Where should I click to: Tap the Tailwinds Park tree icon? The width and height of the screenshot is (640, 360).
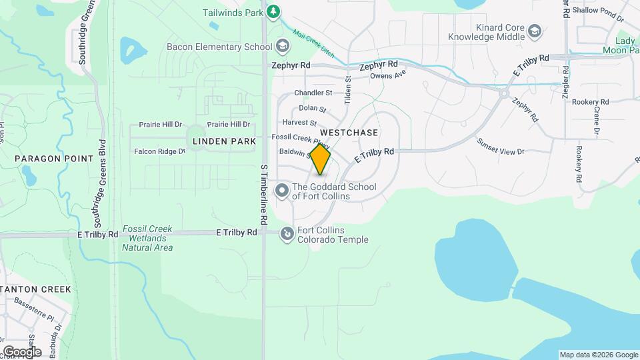pyautogui.click(x=273, y=11)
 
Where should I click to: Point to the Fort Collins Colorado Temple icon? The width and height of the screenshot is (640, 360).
pyautogui.click(x=287, y=234)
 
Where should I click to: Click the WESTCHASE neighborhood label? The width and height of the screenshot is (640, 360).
pyautogui.click(x=353, y=133)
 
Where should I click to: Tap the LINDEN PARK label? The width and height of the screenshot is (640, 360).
pyautogui.click(x=224, y=141)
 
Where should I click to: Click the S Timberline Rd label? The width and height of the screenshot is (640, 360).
pyautogui.click(x=264, y=193)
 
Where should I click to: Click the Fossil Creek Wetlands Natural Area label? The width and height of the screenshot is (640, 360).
pyautogui.click(x=147, y=238)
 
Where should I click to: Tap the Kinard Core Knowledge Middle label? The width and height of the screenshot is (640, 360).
pyautogui.click(x=487, y=33)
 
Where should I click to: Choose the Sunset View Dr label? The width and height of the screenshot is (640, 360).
pyautogui.click(x=501, y=147)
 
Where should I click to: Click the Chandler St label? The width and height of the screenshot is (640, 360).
pyautogui.click(x=313, y=93)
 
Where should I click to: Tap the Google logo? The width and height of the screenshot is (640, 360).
pyautogui.click(x=21, y=351)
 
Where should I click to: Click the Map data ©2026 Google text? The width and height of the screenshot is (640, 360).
pyautogui.click(x=598, y=355)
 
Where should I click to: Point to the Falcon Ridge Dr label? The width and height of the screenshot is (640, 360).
pyautogui.click(x=159, y=151)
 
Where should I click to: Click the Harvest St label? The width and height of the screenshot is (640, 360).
pyautogui.click(x=299, y=123)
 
